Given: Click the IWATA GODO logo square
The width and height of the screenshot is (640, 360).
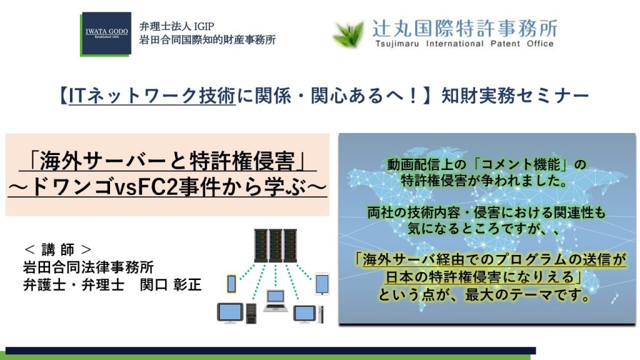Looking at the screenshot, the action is click(x=106, y=34).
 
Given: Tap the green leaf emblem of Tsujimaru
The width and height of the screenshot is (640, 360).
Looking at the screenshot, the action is click(x=349, y=34).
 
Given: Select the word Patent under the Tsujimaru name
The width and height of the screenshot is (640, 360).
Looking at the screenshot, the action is click(x=505, y=44).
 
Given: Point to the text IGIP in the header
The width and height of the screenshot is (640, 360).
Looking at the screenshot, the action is click(x=204, y=26).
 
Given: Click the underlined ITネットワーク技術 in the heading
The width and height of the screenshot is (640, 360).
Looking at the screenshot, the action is click(x=152, y=96).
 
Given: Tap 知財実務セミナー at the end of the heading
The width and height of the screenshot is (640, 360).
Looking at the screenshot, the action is click(x=515, y=96).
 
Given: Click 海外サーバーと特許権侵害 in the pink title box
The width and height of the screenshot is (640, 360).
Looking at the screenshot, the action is click(x=167, y=161).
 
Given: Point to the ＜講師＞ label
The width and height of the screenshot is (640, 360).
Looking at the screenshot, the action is click(x=58, y=249).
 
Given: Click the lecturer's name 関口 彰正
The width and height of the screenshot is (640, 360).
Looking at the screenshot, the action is click(x=171, y=284).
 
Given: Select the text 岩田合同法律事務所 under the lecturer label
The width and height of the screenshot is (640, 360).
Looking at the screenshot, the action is click(x=89, y=267).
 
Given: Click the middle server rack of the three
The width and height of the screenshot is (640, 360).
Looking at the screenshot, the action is click(x=276, y=245).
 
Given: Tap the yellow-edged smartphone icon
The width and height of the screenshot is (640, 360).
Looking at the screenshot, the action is click(x=231, y=283).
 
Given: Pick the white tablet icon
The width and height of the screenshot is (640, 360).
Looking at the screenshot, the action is click(x=322, y=284).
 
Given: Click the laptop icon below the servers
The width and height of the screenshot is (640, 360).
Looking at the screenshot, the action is click(x=276, y=301).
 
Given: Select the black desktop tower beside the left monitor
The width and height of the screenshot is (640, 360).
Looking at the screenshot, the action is click(x=251, y=314).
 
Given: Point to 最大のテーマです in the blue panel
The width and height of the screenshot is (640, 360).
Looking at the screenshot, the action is click(x=527, y=294).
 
